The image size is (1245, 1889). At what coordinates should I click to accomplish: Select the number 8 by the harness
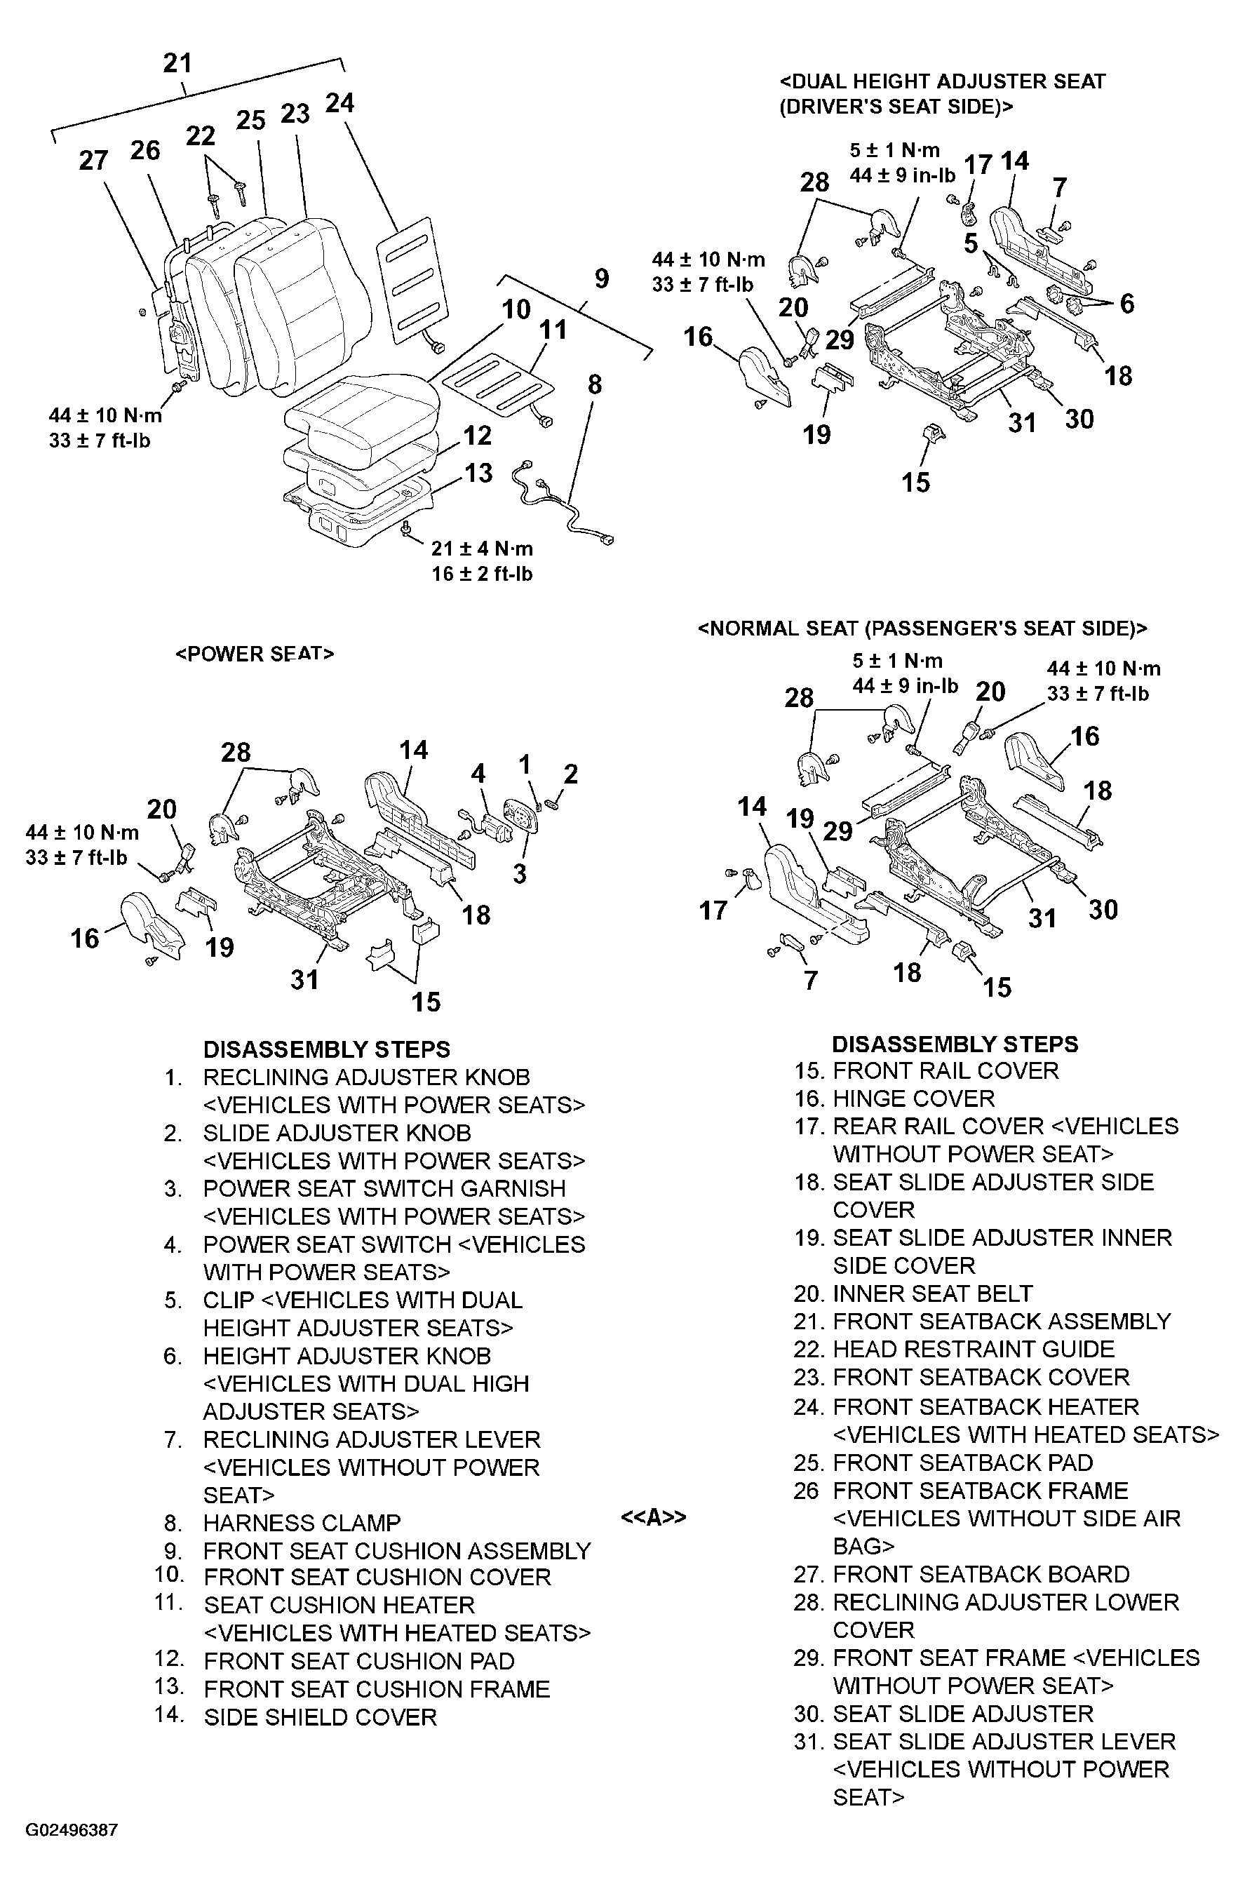pyautogui.click(x=594, y=384)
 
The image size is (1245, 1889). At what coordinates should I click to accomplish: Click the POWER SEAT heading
pyautogui.click(x=254, y=654)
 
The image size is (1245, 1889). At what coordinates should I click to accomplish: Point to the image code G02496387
pyautogui.click(x=72, y=1853)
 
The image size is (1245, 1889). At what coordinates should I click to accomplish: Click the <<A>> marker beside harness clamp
pyautogui.click(x=653, y=1517)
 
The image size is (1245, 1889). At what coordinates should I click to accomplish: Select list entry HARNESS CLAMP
pyautogui.click(x=302, y=1523)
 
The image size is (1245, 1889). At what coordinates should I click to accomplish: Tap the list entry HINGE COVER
pyautogui.click(x=913, y=1098)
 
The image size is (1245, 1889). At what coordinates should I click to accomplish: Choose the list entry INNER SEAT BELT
pyautogui.click(x=932, y=1293)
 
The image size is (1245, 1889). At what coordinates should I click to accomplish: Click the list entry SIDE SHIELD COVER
pyautogui.click(x=320, y=1717)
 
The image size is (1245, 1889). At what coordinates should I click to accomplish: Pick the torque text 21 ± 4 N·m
pyautogui.click(x=482, y=549)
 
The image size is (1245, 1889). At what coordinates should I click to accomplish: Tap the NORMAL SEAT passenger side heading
pyautogui.click(x=922, y=628)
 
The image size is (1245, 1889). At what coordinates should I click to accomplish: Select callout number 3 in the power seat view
pyautogui.click(x=519, y=873)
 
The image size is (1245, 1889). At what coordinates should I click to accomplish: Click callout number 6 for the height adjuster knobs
pyautogui.click(x=1126, y=303)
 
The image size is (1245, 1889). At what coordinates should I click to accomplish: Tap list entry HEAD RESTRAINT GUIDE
pyautogui.click(x=974, y=1349)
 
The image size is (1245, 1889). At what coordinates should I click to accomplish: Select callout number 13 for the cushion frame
pyautogui.click(x=478, y=473)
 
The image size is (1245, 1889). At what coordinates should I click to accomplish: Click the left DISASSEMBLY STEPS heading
pyautogui.click(x=326, y=1049)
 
